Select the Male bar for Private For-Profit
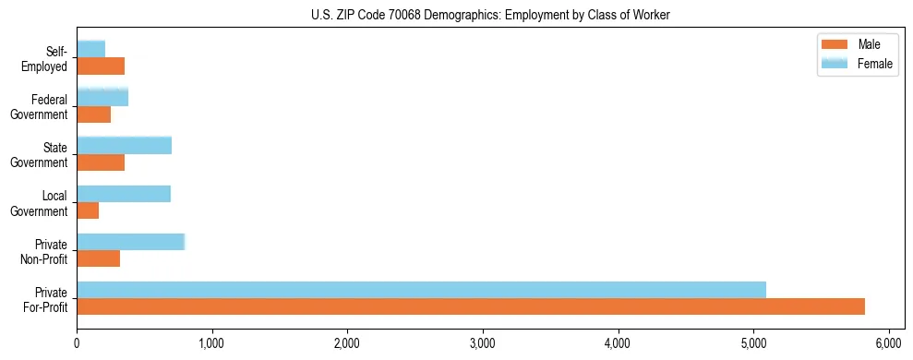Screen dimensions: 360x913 471,306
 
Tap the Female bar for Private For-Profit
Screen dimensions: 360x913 421,289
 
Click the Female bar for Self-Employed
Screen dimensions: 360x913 90,49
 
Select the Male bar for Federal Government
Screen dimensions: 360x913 94,114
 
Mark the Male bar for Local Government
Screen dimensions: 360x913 88,210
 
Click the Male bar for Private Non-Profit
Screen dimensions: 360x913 98,258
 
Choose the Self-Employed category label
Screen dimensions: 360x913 46,59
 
